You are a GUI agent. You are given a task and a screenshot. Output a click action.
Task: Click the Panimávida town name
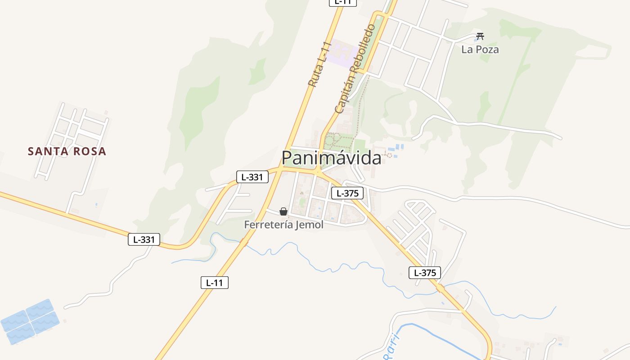331,157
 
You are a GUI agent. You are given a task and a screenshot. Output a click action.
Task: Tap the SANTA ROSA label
67,151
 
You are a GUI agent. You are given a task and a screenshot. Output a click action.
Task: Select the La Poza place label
480,49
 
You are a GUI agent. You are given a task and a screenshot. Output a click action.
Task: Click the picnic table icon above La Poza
480,36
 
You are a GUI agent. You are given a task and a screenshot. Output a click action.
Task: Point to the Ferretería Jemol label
283,225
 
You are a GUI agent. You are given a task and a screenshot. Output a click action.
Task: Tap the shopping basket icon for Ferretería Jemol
283,211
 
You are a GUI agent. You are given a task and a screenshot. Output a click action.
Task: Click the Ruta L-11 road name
319,64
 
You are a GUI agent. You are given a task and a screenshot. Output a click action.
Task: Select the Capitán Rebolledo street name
355,68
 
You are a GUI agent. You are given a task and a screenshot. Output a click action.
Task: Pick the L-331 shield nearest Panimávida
252,177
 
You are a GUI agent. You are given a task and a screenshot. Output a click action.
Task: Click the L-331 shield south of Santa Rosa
144,239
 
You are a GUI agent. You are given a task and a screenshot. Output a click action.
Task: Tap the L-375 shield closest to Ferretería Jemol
347,193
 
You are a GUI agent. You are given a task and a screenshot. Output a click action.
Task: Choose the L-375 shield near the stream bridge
424,272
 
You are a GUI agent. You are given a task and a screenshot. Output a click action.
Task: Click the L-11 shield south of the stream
215,283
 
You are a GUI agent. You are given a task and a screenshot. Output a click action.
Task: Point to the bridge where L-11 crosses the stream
244,243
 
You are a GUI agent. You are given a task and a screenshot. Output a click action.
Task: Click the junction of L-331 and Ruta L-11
280,170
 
